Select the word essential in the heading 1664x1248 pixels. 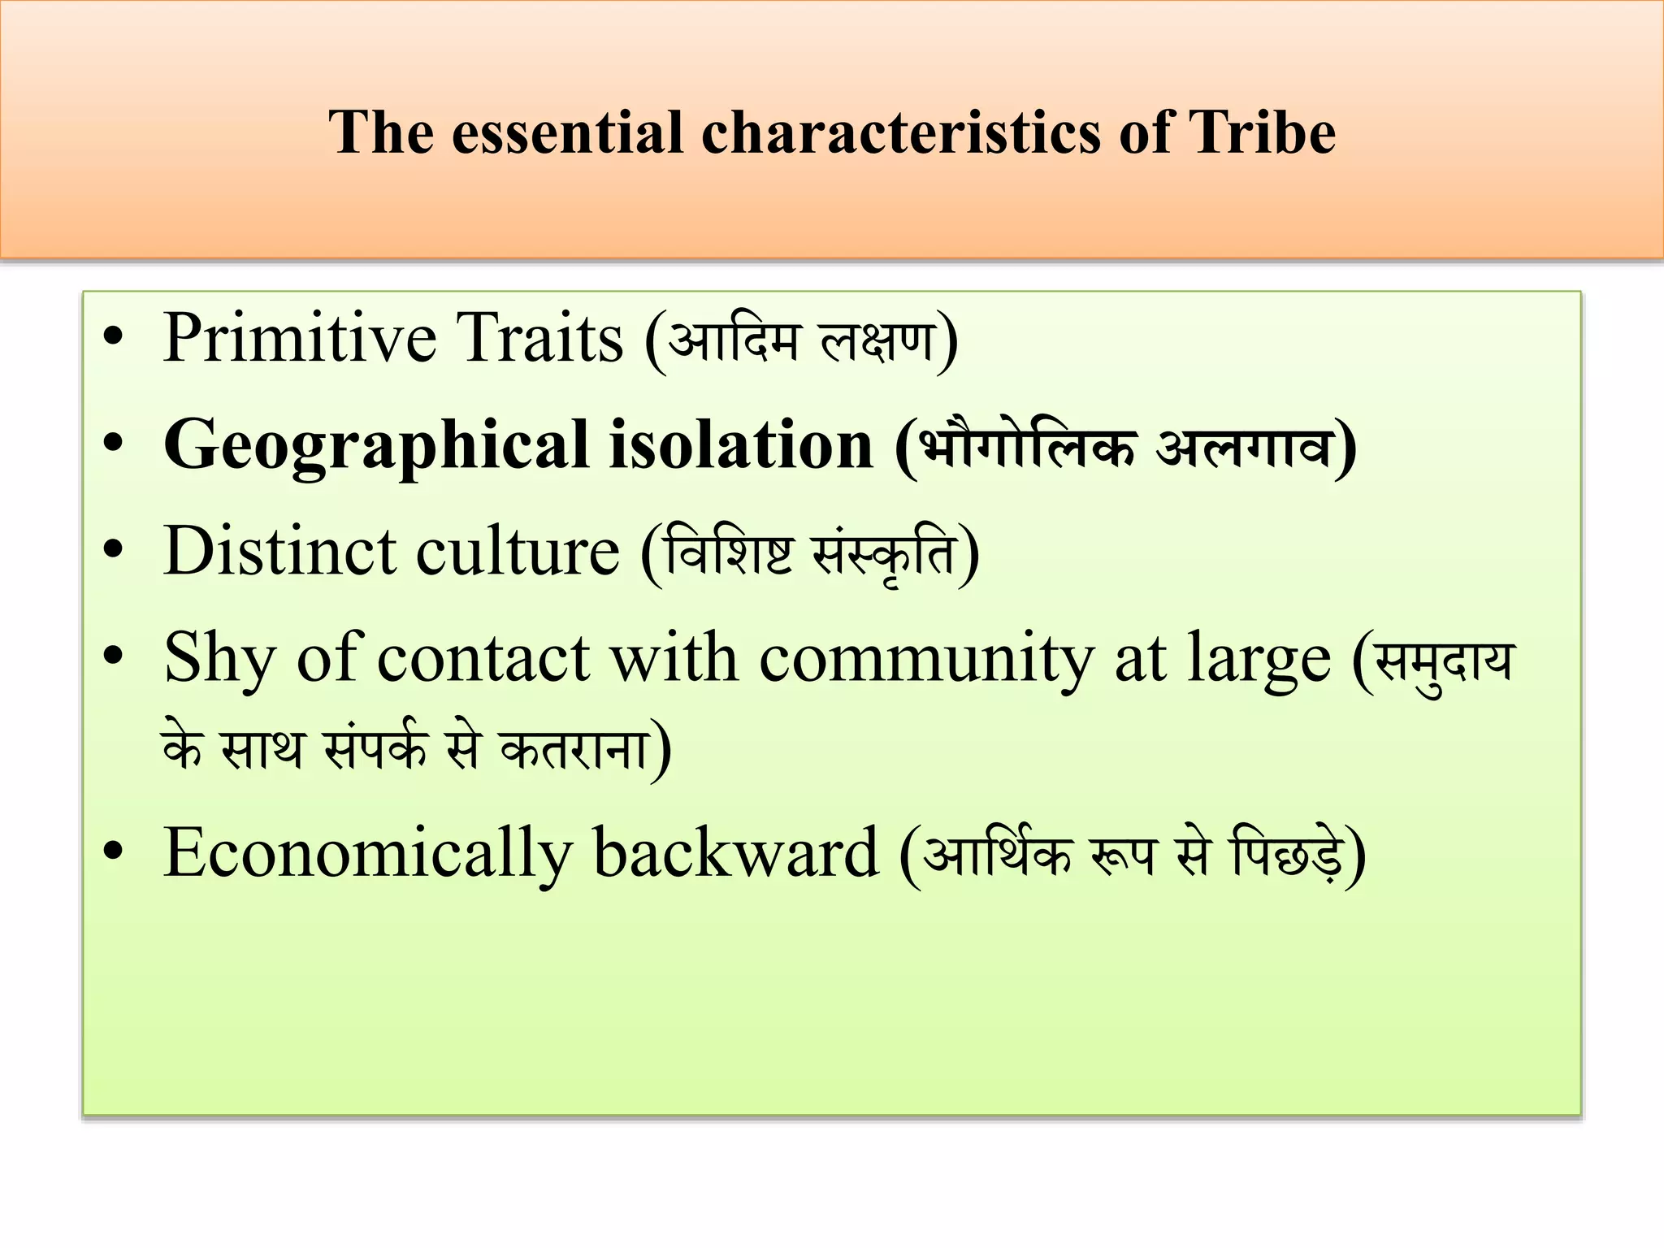[x=567, y=132]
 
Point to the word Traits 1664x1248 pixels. [x=539, y=338]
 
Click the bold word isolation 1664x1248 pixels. [x=741, y=445]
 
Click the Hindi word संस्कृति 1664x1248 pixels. [x=883, y=552]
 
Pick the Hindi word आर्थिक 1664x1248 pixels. [x=998, y=853]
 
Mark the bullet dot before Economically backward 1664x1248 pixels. [x=113, y=851]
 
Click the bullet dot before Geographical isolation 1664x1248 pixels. [x=113, y=444]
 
